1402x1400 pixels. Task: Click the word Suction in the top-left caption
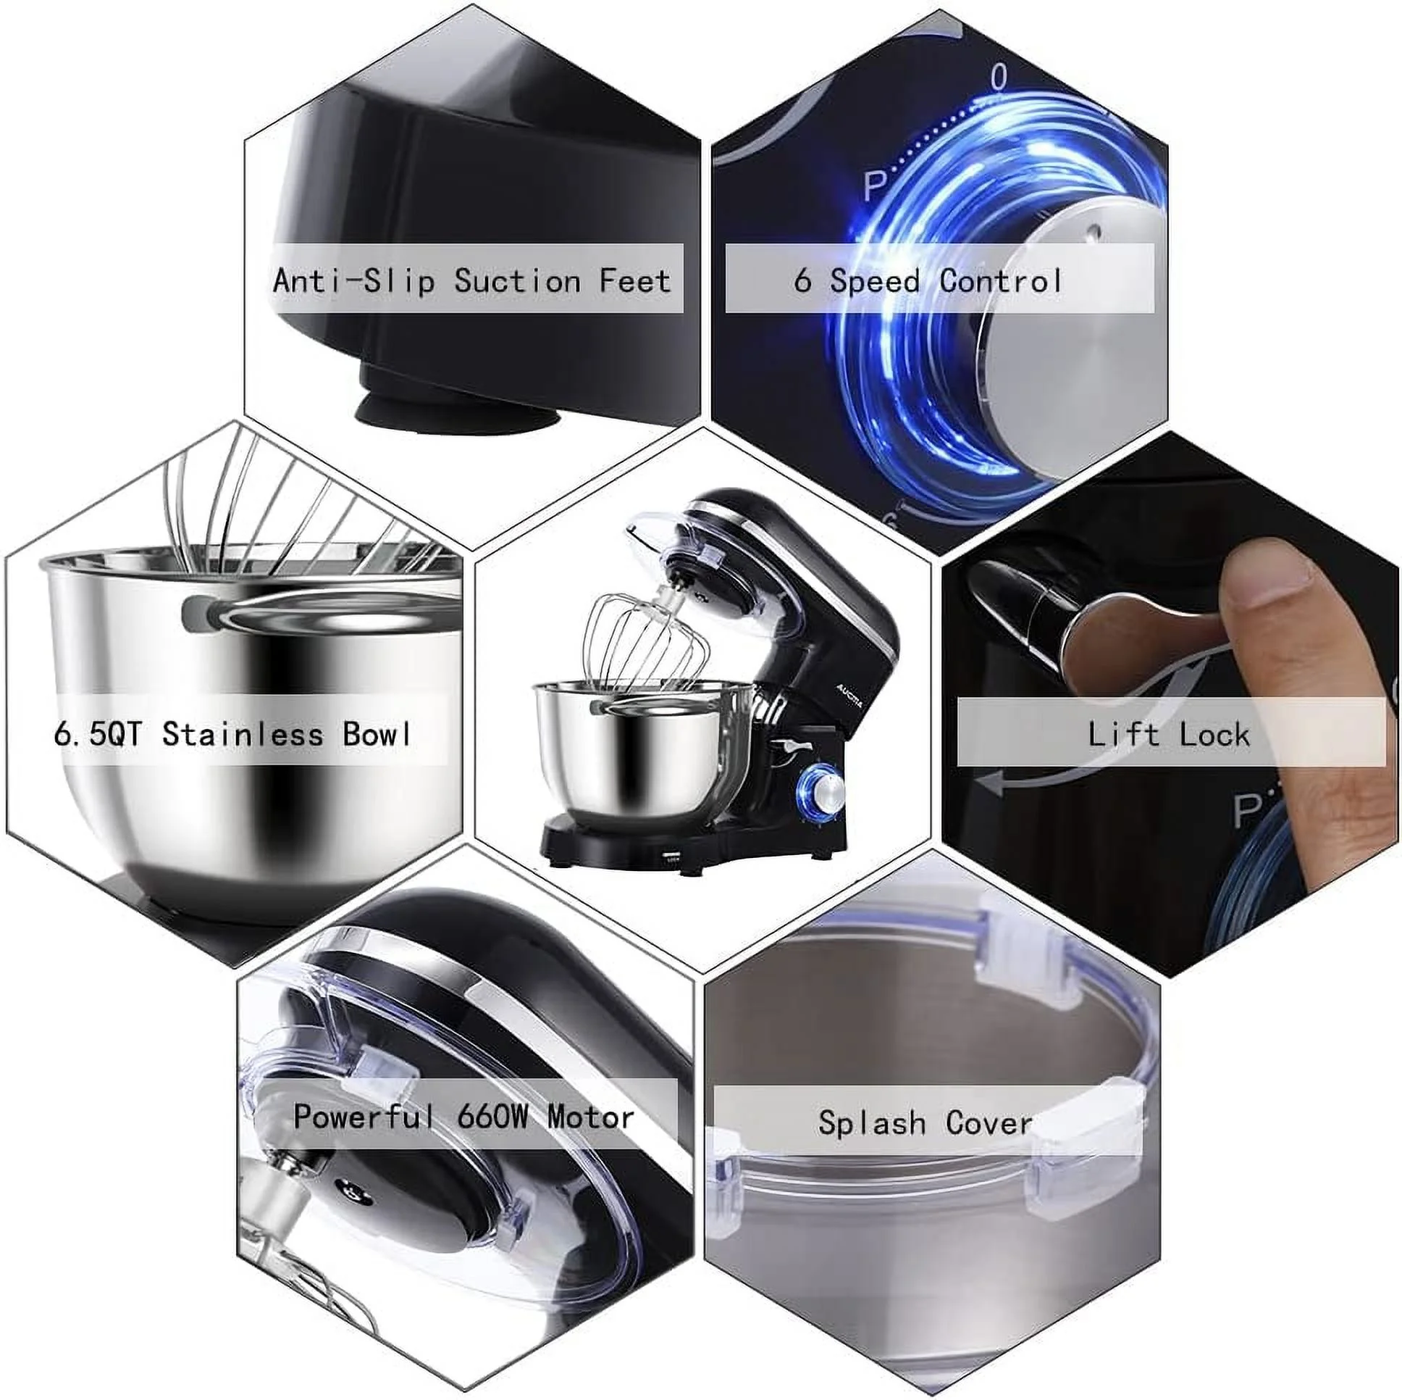tap(517, 280)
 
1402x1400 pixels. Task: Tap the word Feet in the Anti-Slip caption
tap(635, 280)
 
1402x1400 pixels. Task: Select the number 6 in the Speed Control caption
tap(802, 280)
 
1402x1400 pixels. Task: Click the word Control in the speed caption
tap(1001, 280)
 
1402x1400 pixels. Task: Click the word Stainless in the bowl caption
tap(243, 734)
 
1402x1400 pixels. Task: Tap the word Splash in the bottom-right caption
tap(871, 1122)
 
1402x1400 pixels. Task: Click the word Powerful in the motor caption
tap(363, 1117)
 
